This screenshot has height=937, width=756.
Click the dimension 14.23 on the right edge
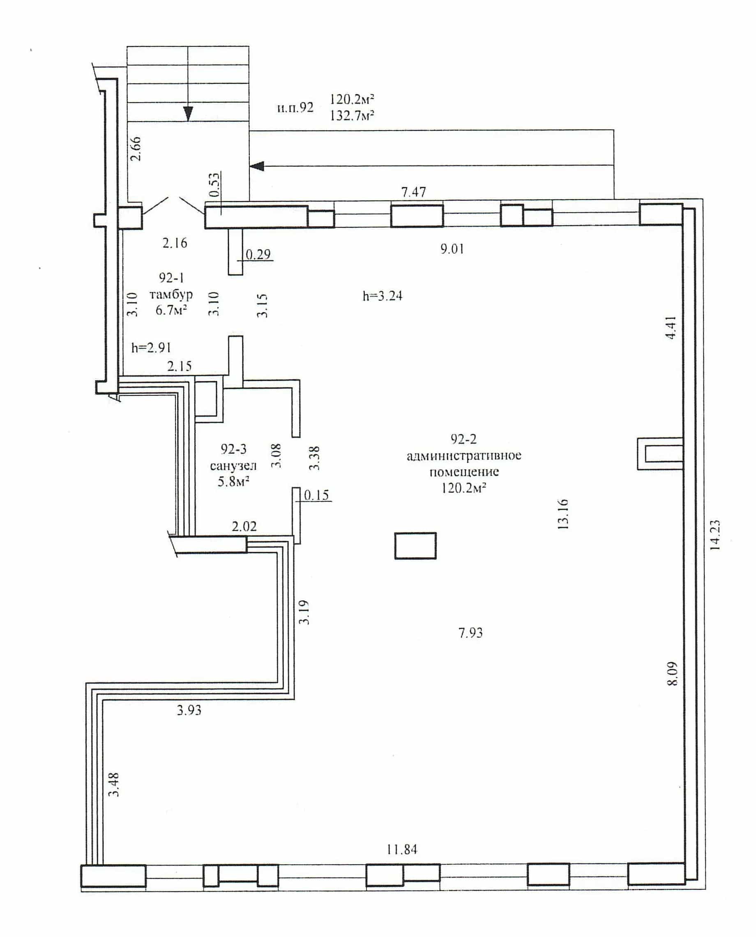tap(715, 535)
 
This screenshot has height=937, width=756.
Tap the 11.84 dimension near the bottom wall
tap(401, 849)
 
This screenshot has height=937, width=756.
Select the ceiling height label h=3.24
tap(383, 296)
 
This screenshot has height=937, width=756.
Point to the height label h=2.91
tap(151, 347)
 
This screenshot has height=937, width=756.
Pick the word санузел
tap(233, 466)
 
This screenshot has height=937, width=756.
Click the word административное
tap(464, 456)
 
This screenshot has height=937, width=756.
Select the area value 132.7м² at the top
tap(352, 115)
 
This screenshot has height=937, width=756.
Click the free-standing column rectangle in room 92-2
tap(415, 546)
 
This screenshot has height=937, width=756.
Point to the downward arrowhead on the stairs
tap(188, 114)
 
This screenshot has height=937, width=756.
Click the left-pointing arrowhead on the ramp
tap(257, 166)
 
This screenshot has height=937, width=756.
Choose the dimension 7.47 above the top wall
tap(413, 192)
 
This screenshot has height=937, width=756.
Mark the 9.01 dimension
tap(452, 249)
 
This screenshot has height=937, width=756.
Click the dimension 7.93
tap(470, 632)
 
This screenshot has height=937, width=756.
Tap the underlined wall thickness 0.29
tap(258, 254)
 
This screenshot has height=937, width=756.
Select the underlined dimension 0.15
tap(317, 495)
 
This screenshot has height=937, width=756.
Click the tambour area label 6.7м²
tap(172, 310)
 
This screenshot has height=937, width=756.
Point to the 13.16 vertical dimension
tap(563, 514)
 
